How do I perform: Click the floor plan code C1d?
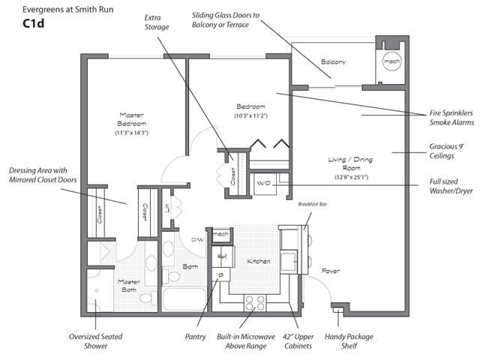33,23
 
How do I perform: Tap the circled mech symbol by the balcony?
391,61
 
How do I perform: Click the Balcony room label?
333,61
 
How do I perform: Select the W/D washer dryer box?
265,184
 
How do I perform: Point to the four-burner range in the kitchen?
255,303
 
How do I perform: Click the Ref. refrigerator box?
223,256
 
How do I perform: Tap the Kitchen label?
259,262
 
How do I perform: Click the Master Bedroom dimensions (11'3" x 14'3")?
132,133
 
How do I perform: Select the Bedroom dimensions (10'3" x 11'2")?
251,115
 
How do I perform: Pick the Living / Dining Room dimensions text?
351,177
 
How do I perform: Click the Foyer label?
331,271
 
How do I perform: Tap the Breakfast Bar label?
313,204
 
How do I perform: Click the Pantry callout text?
195,337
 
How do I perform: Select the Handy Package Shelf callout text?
349,341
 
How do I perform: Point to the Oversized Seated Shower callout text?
95,341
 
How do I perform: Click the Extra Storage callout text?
157,22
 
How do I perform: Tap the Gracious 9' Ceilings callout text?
447,151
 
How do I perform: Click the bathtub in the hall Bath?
184,299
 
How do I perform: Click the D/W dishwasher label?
197,239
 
